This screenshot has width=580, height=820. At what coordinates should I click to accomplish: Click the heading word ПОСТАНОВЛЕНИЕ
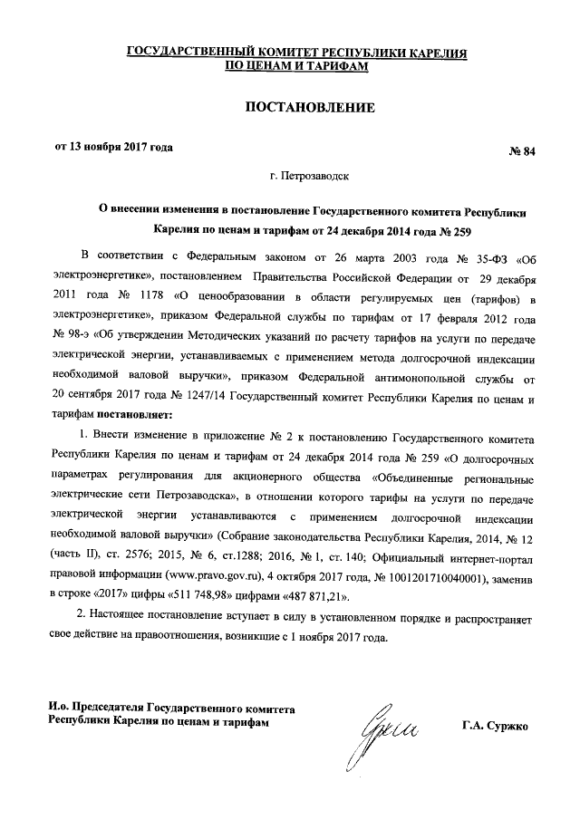pyautogui.click(x=310, y=109)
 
